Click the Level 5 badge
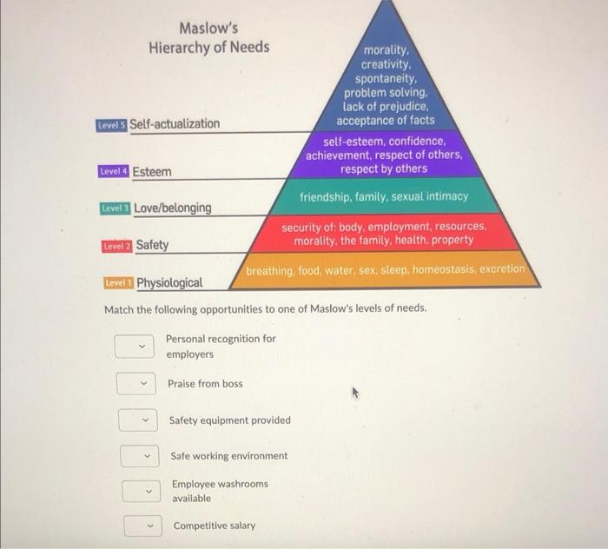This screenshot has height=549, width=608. (x=112, y=124)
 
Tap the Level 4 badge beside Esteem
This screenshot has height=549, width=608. (x=114, y=172)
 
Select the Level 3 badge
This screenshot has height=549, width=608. (x=116, y=208)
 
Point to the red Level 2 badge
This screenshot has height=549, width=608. (x=117, y=246)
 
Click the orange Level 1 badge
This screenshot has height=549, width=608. (x=118, y=283)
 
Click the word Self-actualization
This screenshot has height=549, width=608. (x=175, y=123)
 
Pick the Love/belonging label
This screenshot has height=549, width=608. (x=172, y=208)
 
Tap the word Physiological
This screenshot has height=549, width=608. (x=169, y=282)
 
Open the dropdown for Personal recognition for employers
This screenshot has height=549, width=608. (x=134, y=347)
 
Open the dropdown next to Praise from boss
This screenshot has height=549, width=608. (x=136, y=383)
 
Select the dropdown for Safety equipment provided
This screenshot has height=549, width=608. (x=138, y=420)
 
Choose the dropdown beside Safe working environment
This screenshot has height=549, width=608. (x=139, y=456)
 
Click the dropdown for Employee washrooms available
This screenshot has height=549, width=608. (x=141, y=491)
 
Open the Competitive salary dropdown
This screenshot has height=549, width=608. (x=142, y=526)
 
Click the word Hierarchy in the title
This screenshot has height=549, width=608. (x=182, y=47)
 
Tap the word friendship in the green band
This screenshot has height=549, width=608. (x=328, y=197)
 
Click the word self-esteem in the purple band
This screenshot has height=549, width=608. (x=353, y=141)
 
